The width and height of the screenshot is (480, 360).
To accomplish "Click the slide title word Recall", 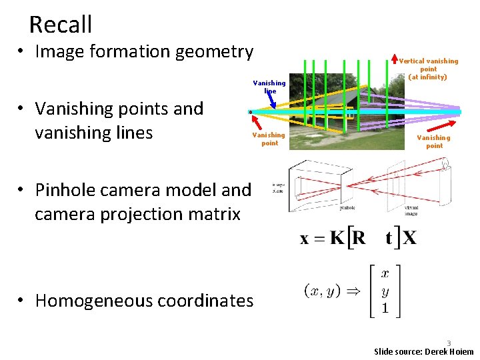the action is pyautogui.click(x=61, y=25).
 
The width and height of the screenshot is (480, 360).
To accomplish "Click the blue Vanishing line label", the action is pyautogui.click(x=269, y=87).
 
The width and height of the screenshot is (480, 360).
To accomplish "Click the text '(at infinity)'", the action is pyautogui.click(x=428, y=77).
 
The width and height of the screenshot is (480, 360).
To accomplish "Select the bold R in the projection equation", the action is pyautogui.click(x=358, y=238).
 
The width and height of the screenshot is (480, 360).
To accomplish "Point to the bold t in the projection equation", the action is pyautogui.click(x=387, y=239).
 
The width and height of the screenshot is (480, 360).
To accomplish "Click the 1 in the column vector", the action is pyautogui.click(x=385, y=309).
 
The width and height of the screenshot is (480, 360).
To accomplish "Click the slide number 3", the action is pyautogui.click(x=449, y=343).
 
